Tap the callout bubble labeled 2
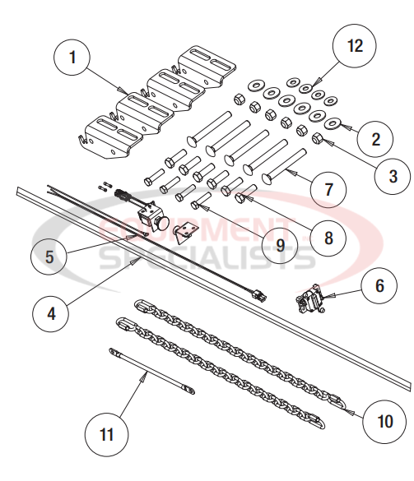pos(375,138)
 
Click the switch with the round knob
pos(152,220)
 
